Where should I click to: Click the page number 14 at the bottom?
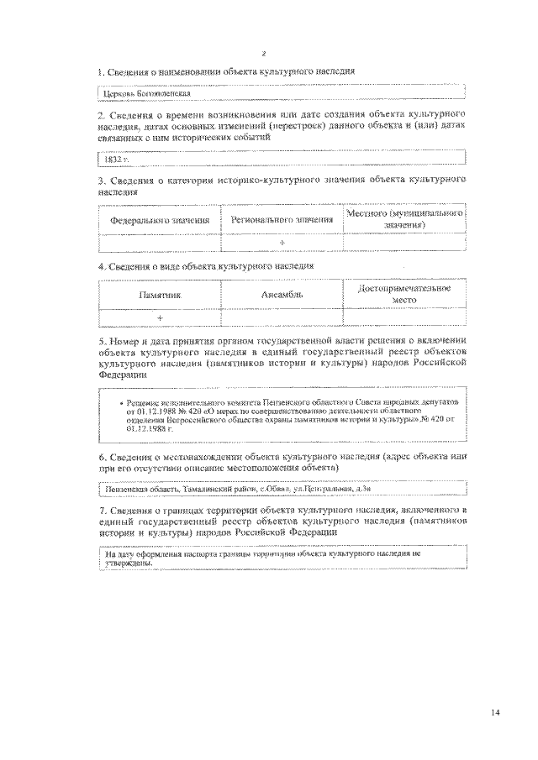(x=496, y=713)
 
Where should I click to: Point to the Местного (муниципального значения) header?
(x=405, y=220)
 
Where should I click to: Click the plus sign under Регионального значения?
(x=282, y=243)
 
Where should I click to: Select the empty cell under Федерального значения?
(x=160, y=243)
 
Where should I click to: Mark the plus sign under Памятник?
(x=160, y=317)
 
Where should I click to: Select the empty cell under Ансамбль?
(x=282, y=317)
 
